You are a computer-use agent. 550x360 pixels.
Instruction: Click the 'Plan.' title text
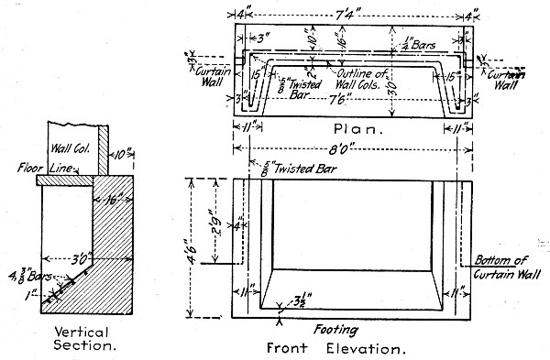pos(352,129)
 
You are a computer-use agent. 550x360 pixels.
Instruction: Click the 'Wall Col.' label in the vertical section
pos(73,143)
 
